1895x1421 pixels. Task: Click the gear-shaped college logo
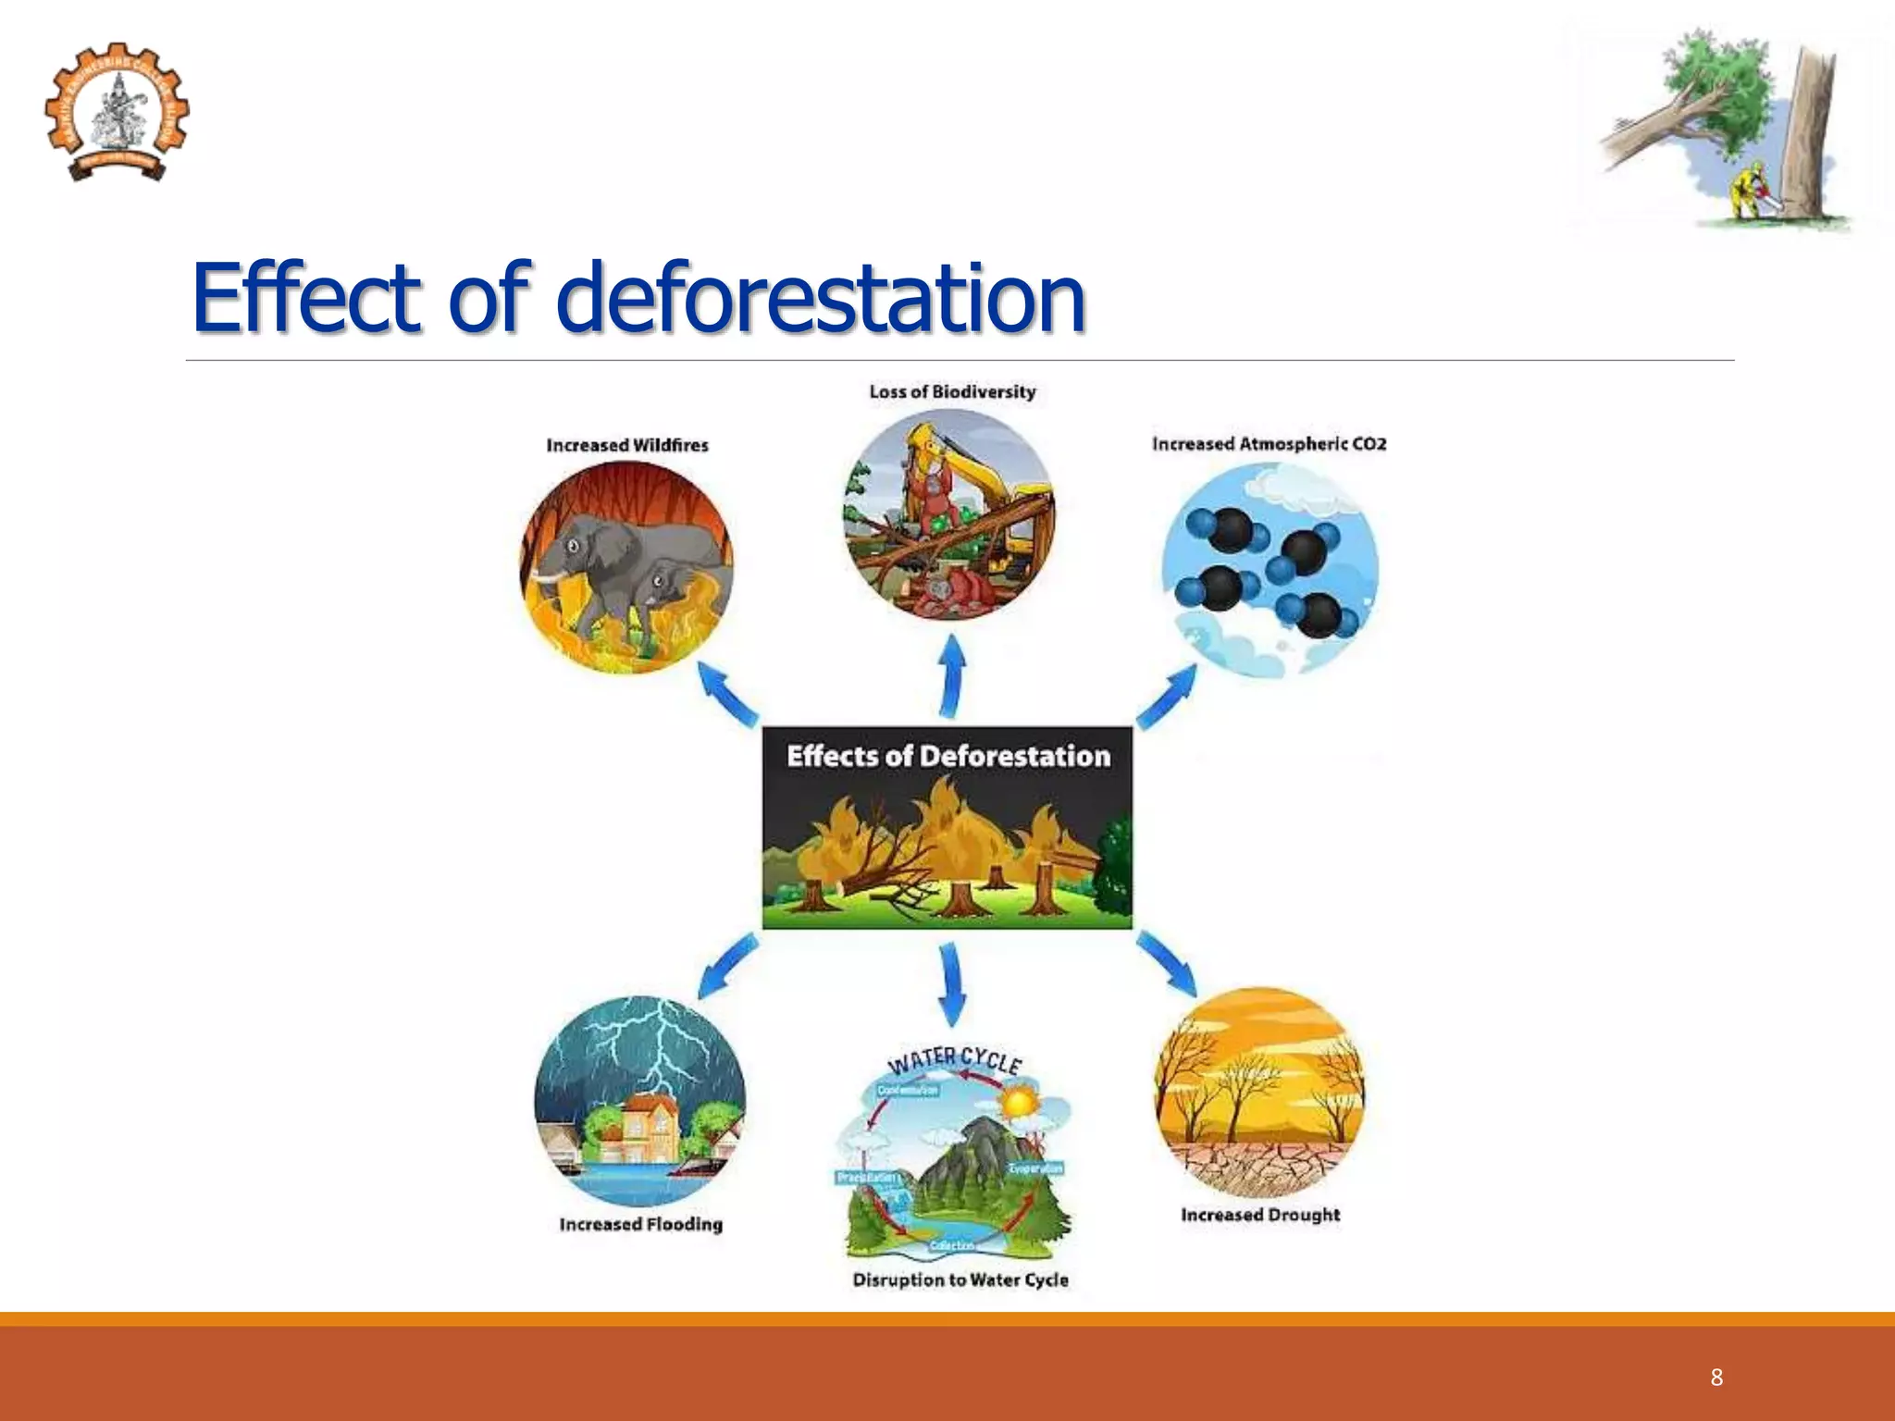point(117,112)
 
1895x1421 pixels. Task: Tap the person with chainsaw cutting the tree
point(1746,192)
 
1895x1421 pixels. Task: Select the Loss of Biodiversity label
point(952,392)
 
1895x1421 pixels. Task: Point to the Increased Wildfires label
point(626,445)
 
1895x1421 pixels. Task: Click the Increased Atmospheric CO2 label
point(1269,444)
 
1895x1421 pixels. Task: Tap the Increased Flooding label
point(640,1224)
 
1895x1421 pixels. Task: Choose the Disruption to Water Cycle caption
point(960,1279)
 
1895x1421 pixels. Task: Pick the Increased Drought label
point(1259,1215)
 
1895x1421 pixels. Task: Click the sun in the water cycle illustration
point(1020,1104)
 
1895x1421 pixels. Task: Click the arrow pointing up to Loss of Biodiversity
point(952,675)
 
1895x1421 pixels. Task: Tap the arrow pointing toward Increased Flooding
point(727,965)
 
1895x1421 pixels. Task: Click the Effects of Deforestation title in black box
point(947,756)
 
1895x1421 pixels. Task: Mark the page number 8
point(1716,1377)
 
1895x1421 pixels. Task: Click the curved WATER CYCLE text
point(954,1060)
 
